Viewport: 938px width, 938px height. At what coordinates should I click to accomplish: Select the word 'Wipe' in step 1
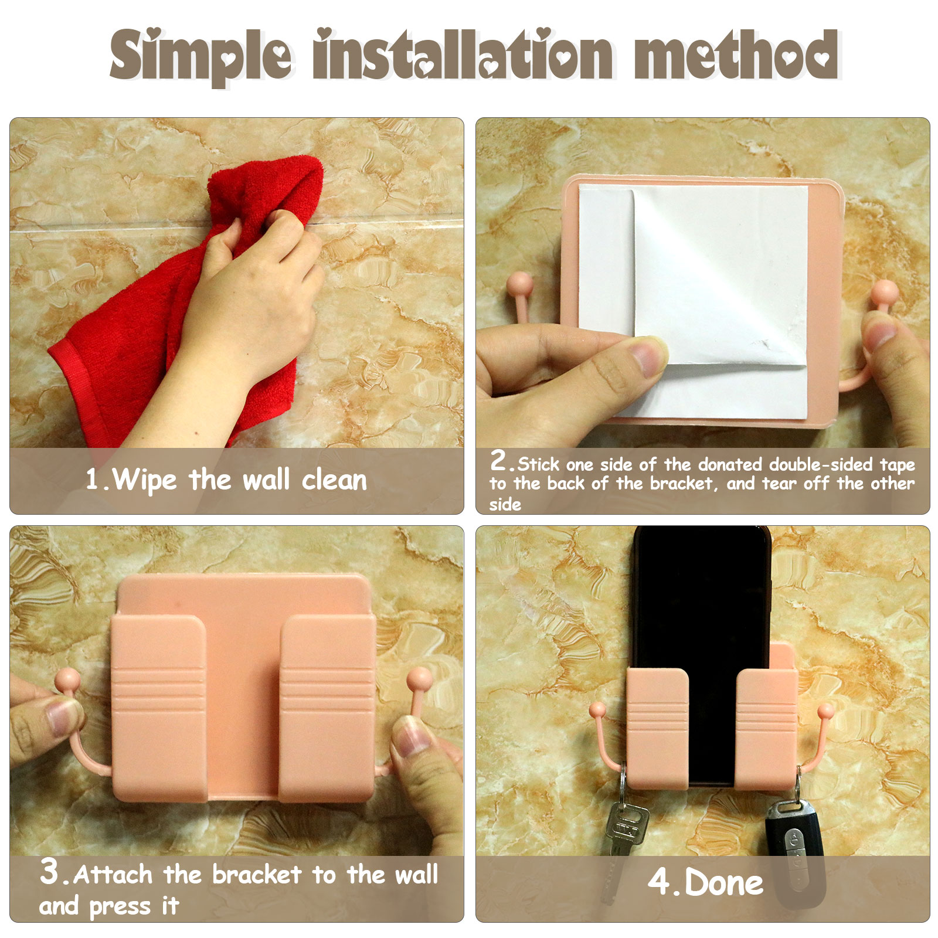[144, 480]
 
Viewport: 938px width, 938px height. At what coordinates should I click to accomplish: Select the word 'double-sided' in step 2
[821, 464]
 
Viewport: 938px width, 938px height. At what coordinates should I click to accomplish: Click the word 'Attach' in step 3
[114, 875]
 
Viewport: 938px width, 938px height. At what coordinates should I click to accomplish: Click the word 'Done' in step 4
[724, 883]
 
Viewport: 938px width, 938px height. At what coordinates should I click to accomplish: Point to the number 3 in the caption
[49, 871]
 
